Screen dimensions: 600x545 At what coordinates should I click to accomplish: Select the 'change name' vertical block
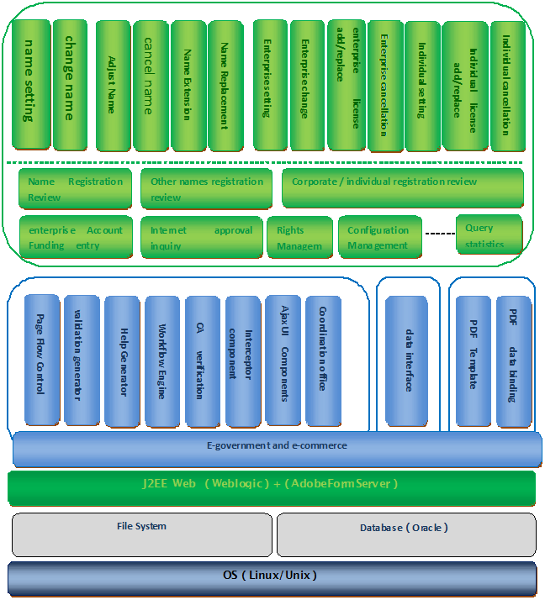tap(70, 84)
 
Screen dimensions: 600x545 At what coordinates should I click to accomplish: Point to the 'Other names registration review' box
tap(207, 188)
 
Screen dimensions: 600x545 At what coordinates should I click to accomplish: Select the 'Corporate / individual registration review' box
tap(402, 187)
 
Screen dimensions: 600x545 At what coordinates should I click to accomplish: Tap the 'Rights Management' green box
tap(300, 238)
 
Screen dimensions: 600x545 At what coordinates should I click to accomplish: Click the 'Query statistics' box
tap(489, 234)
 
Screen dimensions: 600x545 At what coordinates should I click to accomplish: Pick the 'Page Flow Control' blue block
tap(42, 359)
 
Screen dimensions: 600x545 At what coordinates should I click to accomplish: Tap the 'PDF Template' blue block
tap(473, 360)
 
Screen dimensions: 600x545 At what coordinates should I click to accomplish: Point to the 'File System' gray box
tap(141, 534)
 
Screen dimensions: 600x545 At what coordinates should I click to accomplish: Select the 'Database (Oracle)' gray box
tap(405, 534)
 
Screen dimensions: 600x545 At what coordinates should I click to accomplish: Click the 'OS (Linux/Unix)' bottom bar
tap(272, 577)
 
